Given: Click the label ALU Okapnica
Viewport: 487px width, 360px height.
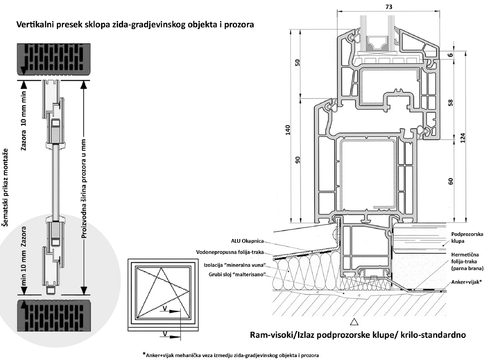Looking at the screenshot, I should (x=247, y=241).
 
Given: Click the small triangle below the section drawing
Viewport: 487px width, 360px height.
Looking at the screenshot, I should (x=354, y=321).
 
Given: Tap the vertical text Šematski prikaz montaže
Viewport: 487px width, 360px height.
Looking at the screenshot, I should (x=6, y=187).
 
